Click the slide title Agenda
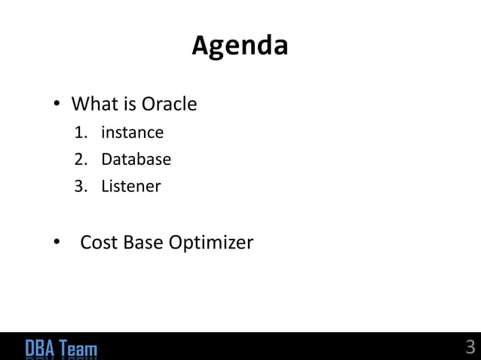240,47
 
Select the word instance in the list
132,133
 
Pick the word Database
136,160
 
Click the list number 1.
79,133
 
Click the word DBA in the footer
39,349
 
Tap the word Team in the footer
78,349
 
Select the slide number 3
470,347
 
